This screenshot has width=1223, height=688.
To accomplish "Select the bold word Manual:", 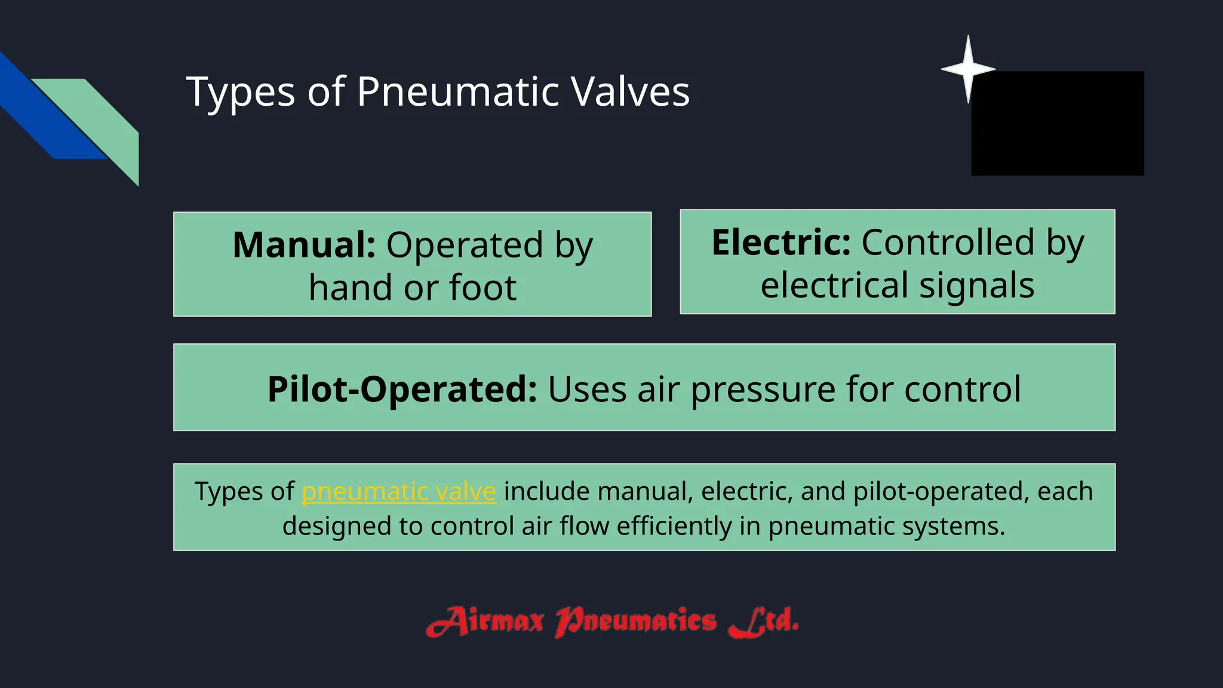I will [x=304, y=245].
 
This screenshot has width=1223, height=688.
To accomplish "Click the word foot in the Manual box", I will [x=483, y=288].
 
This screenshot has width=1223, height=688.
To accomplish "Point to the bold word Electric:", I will [x=781, y=242].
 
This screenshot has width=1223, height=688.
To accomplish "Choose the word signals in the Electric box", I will [x=976, y=285].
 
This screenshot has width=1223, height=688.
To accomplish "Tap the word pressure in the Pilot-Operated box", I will [x=763, y=390].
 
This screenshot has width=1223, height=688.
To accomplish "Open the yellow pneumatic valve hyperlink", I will [x=399, y=492].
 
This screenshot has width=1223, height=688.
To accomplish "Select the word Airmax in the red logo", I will [x=485, y=622].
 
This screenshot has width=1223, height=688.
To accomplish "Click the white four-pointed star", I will [x=968, y=69].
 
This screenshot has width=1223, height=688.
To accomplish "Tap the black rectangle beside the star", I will [x=1058, y=124].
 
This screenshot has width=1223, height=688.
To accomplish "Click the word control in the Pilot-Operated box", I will [x=962, y=389].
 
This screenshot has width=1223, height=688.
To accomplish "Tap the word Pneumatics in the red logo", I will [x=636, y=622].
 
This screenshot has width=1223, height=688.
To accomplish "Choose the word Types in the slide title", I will [x=241, y=92].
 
